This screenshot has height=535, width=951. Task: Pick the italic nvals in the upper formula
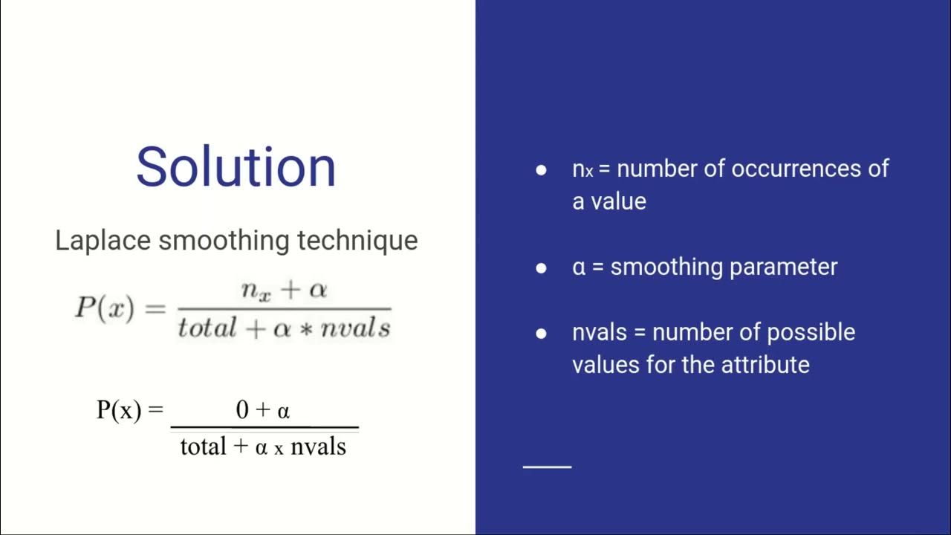click(355, 327)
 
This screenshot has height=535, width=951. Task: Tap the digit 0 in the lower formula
click(242, 409)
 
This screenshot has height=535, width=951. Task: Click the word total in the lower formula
click(203, 446)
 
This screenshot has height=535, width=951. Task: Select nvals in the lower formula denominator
click(318, 446)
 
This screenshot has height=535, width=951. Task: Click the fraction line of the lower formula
click(264, 428)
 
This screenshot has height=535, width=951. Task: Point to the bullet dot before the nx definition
click(541, 169)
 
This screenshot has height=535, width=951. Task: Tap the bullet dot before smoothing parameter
click(541, 267)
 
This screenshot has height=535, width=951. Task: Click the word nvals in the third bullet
click(600, 332)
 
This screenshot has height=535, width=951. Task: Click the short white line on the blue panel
click(548, 467)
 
